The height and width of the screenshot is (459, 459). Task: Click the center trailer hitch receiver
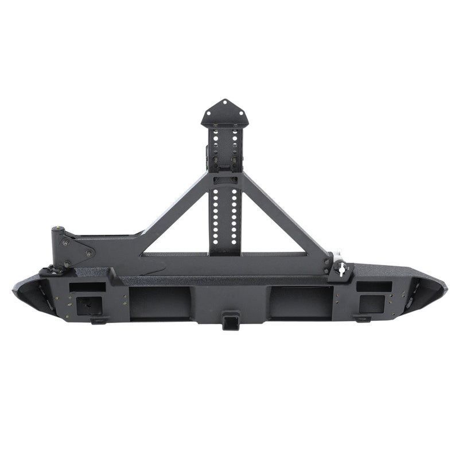(231, 318)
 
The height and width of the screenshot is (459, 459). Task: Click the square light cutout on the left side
(90, 305)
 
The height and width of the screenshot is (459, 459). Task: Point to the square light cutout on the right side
(372, 304)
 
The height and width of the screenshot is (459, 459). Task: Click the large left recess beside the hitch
(160, 302)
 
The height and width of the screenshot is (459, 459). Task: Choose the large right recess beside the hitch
(301, 302)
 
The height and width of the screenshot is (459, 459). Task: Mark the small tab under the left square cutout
(99, 320)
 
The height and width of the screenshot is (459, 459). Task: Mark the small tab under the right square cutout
(363, 318)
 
